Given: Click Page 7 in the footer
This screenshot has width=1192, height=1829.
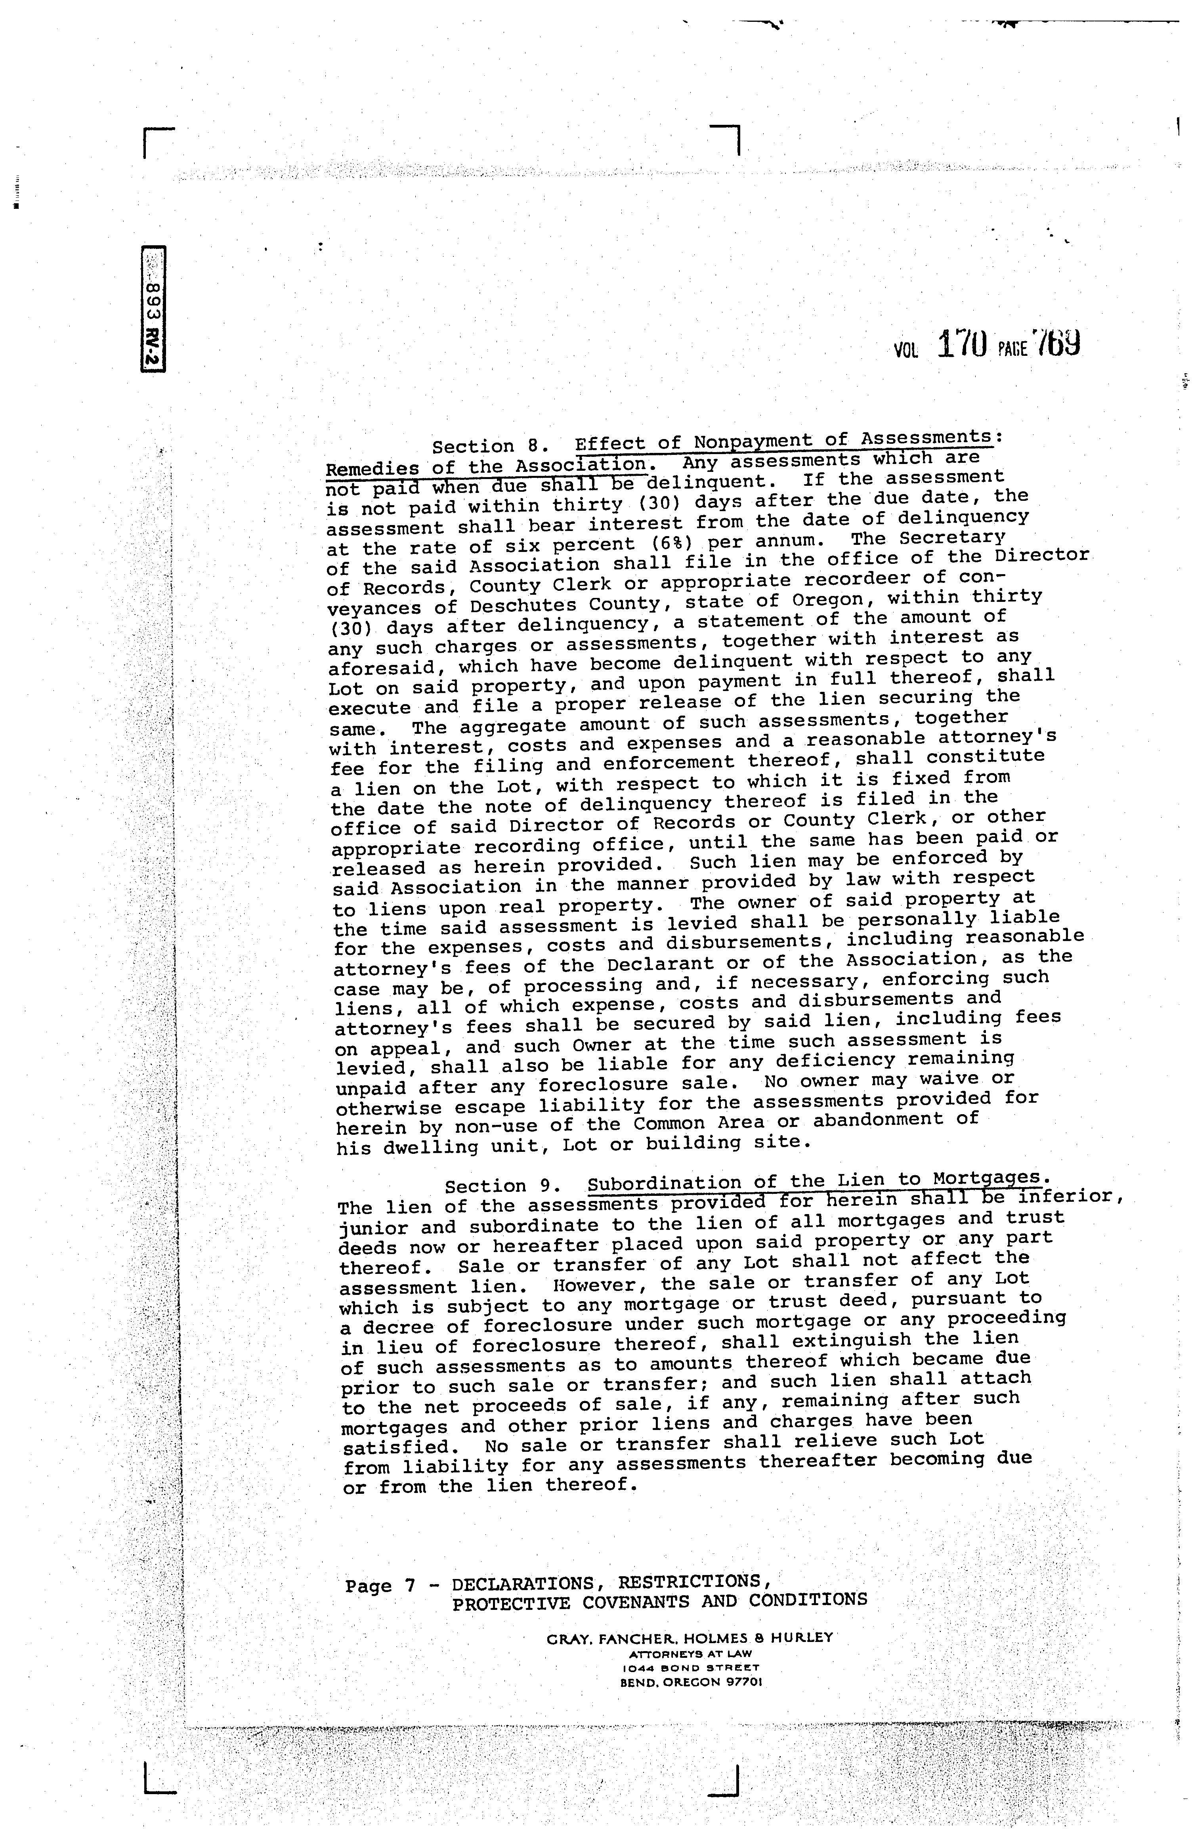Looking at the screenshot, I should click(380, 1585).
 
